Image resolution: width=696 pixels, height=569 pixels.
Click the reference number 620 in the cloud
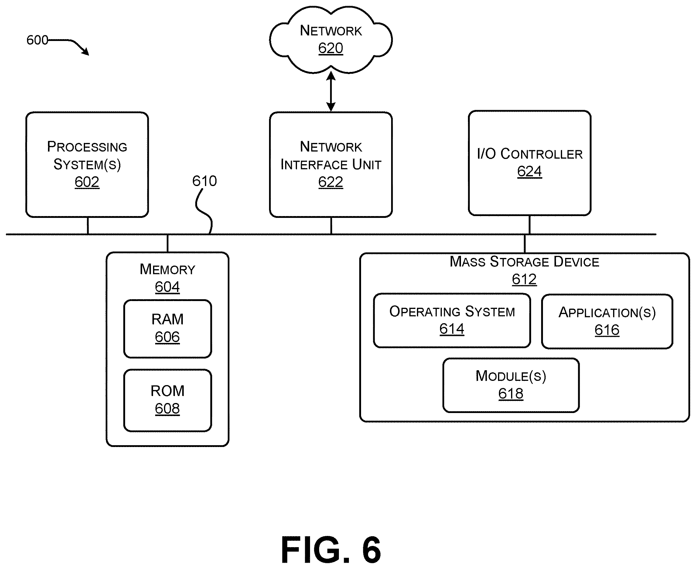pos(331,48)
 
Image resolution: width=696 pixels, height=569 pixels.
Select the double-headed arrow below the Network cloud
pos(331,91)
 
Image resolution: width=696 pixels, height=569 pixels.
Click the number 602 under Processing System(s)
pos(87,182)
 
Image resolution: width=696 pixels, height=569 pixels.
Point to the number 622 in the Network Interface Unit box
pos(331,182)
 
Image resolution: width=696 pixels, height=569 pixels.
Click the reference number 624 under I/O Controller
pos(529,171)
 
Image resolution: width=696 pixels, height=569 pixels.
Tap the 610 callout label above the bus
pos(204,181)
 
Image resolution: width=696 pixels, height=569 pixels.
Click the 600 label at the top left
pos(37,40)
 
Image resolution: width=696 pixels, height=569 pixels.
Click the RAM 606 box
pos(168,329)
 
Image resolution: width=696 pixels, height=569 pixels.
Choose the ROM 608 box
pos(168,400)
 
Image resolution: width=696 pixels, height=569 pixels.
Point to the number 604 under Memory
pos(167,287)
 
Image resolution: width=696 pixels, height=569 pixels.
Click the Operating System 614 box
pos(452,320)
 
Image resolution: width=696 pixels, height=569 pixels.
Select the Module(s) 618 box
pos(511,385)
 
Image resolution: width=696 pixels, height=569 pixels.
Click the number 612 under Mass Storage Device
pos(524,279)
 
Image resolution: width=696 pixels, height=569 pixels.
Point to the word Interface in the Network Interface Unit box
pos(315,164)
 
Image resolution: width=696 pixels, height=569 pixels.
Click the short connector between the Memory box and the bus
pos(168,243)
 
